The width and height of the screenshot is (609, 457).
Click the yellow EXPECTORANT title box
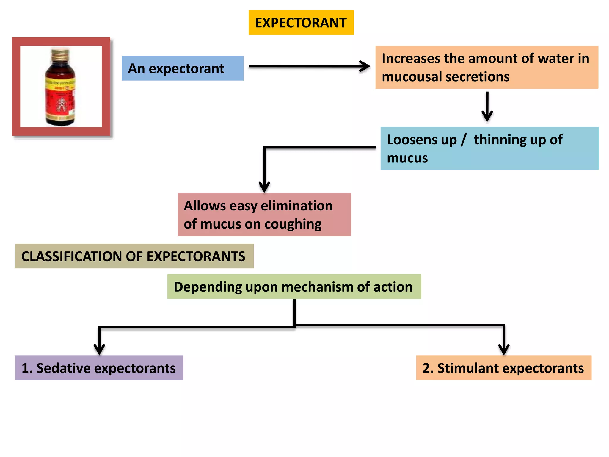click(x=301, y=23)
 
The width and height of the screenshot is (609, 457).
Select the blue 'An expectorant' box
click(x=182, y=68)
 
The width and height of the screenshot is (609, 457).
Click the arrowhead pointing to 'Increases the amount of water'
click(x=365, y=66)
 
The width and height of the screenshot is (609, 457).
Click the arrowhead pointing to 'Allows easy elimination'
click(x=264, y=187)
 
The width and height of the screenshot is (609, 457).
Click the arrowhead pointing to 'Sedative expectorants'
click(x=99, y=349)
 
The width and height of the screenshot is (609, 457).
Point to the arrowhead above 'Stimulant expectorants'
click(x=504, y=349)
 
